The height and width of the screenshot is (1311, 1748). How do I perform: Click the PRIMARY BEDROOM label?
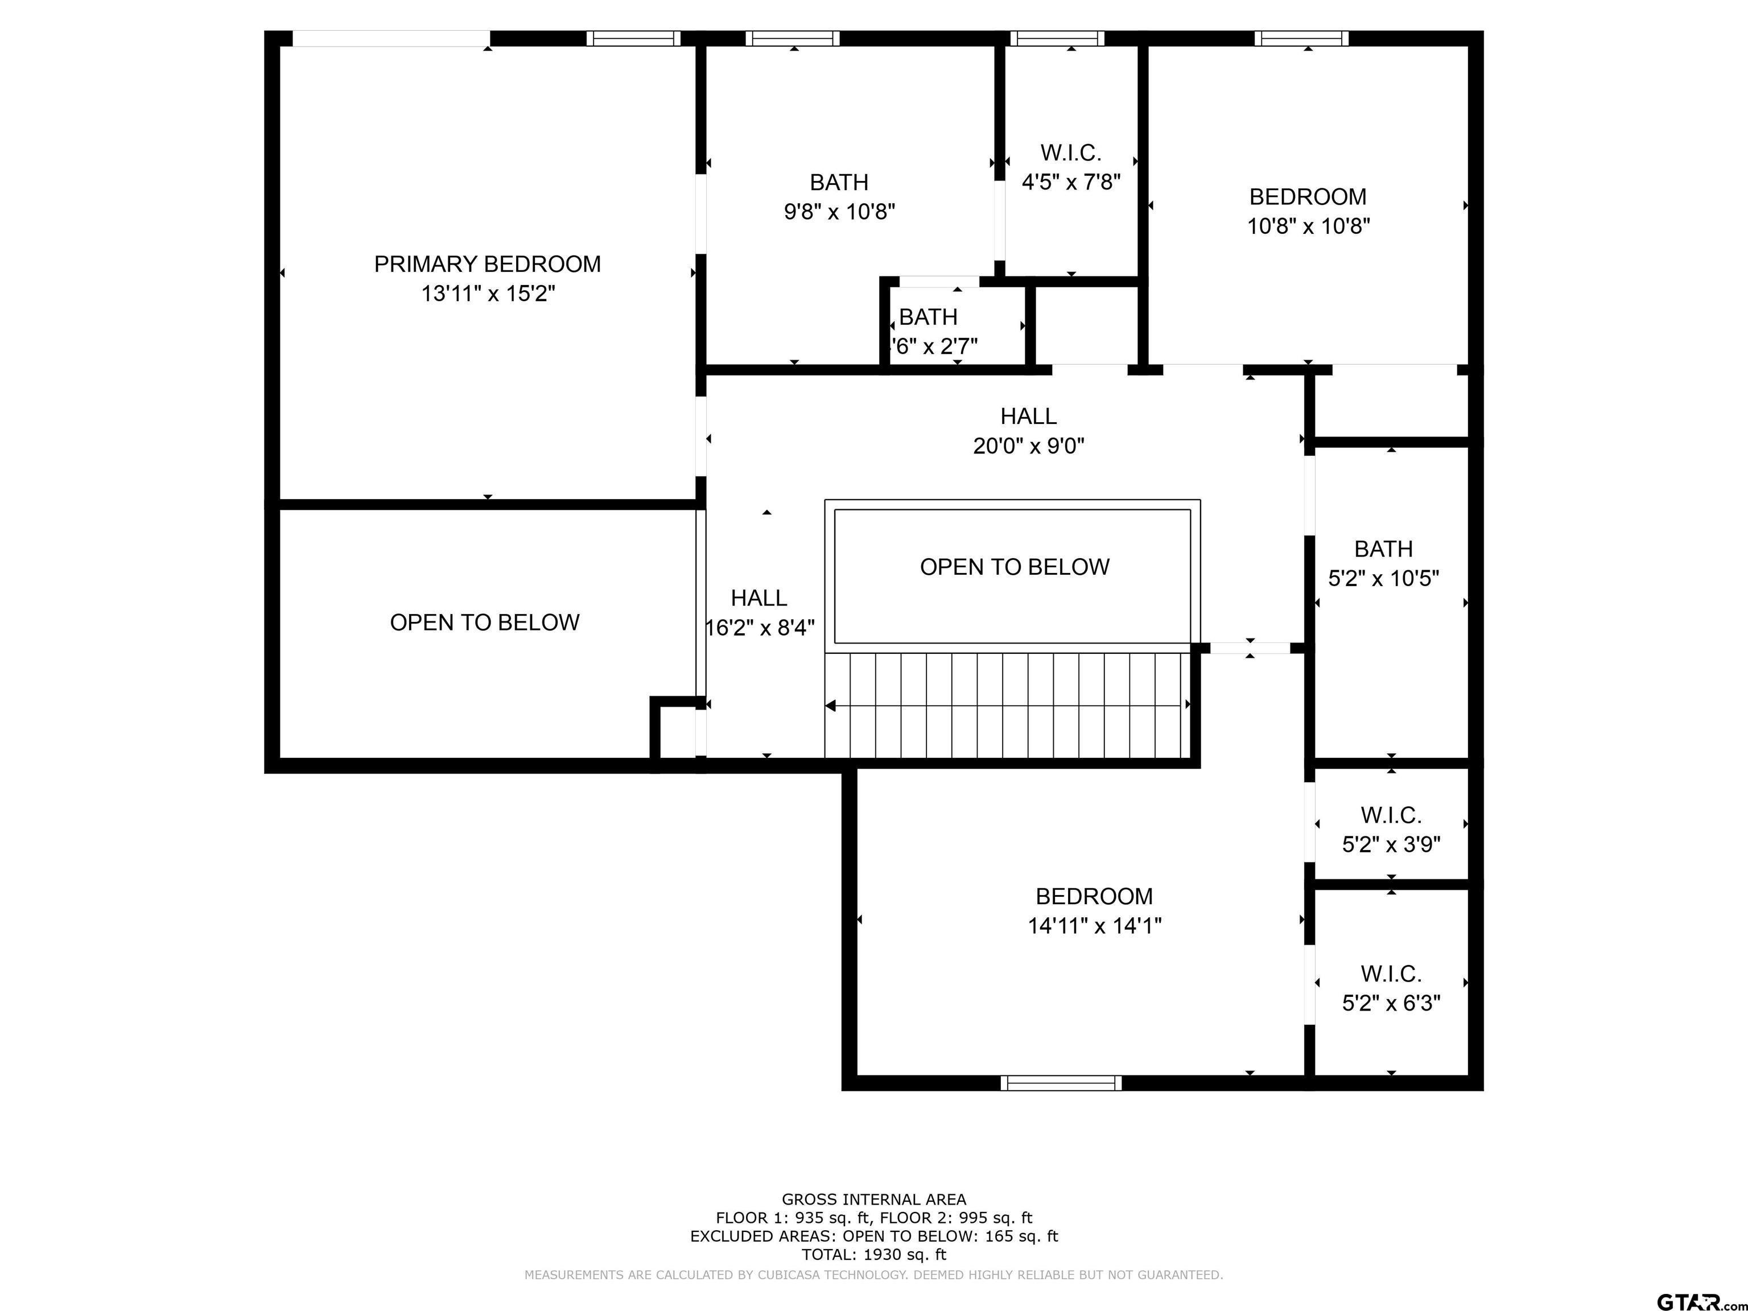[488, 264]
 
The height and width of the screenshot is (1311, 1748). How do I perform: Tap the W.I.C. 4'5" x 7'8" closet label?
[1071, 167]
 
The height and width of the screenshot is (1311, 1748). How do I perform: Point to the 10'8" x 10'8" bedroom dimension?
[1308, 226]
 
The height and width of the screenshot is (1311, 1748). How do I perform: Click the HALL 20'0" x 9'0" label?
[1028, 431]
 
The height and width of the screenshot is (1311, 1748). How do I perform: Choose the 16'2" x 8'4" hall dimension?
[760, 628]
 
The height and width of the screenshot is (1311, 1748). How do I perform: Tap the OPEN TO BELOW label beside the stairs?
[1015, 567]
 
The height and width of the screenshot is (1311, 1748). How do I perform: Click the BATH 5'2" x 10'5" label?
[1383, 563]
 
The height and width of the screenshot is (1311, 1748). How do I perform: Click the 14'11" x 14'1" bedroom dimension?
[1094, 925]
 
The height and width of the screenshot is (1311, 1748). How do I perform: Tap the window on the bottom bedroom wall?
[1061, 1083]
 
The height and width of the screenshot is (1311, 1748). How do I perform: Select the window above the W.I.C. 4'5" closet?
[1057, 38]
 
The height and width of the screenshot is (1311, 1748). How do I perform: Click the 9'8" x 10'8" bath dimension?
[839, 212]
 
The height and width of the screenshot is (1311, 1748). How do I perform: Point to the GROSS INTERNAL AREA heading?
[874, 1199]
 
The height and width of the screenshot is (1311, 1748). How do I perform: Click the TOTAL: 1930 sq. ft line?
[874, 1254]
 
